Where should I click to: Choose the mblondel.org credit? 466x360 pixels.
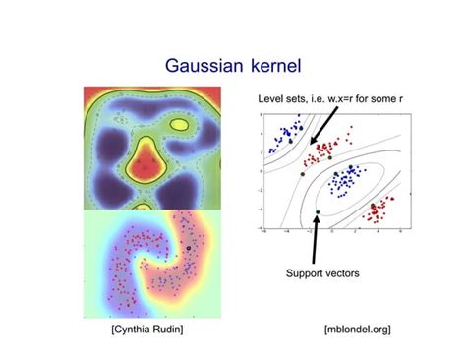click(357, 329)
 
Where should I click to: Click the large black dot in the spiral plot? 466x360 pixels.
click(187, 250)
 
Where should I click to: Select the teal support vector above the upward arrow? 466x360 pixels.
click(318, 210)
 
